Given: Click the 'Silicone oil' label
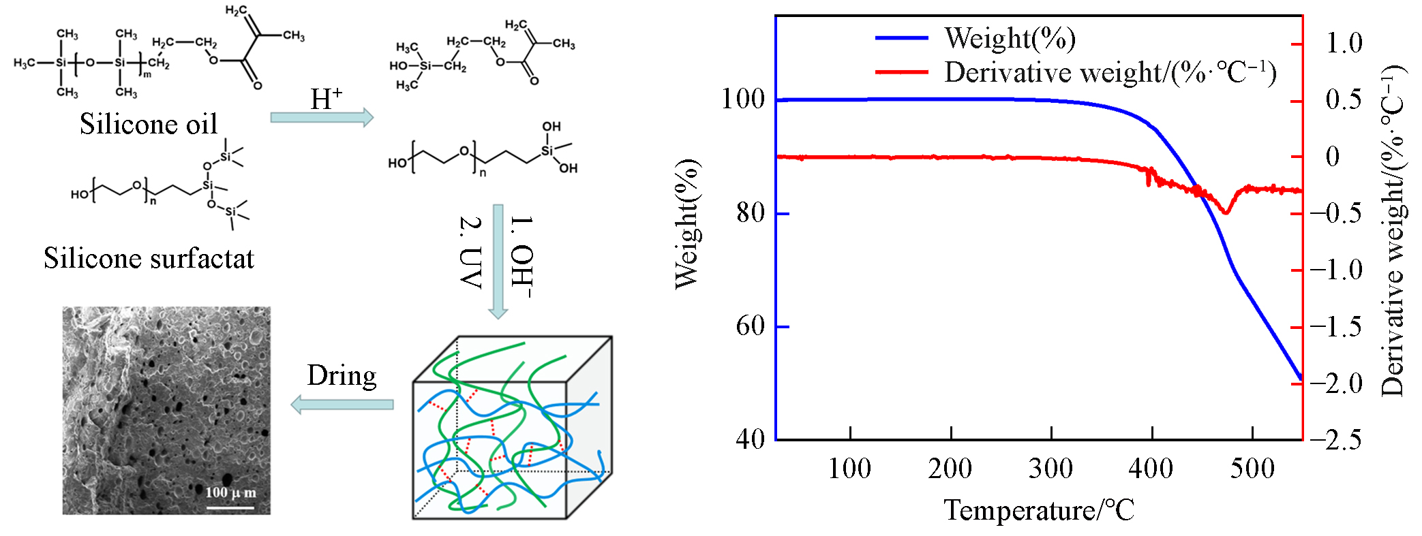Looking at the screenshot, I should pyautogui.click(x=149, y=124).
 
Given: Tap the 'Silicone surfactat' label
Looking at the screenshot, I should pyautogui.click(x=149, y=259).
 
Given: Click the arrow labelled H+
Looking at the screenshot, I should pyautogui.click(x=322, y=117).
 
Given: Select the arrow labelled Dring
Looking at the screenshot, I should pyautogui.click(x=342, y=405).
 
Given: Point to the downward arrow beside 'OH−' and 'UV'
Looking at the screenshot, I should pyautogui.click(x=498, y=262).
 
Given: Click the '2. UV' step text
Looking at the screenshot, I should pyautogui.click(x=470, y=252).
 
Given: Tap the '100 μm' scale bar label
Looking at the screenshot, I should pyautogui.click(x=230, y=492).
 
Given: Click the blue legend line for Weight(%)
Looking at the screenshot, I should pyautogui.click(x=901, y=38).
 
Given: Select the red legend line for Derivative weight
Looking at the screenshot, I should pyautogui.click(x=901, y=72).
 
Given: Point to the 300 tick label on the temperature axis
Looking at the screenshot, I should pyautogui.click(x=1050, y=469).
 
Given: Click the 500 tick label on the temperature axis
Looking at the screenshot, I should pyautogui.click(x=1252, y=469).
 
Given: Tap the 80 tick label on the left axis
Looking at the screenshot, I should pyautogui.click(x=751, y=213).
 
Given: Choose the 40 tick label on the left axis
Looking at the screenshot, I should pyautogui.click(x=751, y=439).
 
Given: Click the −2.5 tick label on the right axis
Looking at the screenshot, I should pyautogui.click(x=1335, y=440).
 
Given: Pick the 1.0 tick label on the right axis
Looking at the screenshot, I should pyautogui.click(x=1344, y=44).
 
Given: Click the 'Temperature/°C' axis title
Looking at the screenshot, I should pyautogui.click(x=1039, y=510).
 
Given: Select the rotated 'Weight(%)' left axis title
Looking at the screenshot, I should pyautogui.click(x=686, y=224).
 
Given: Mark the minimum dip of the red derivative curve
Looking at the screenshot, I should pyautogui.click(x=1226, y=212).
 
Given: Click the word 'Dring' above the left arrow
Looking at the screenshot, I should pyautogui.click(x=342, y=376).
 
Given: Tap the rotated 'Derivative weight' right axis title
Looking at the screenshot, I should pyautogui.click(x=1393, y=232).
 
